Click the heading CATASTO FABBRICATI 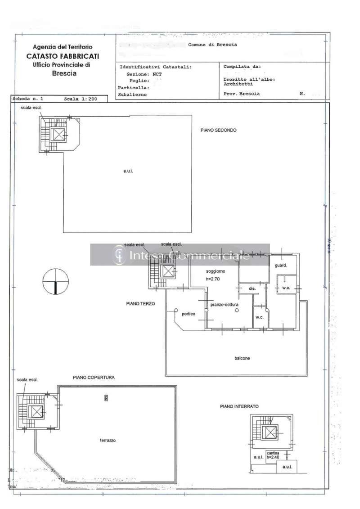[x=63, y=56]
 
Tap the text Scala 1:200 [x=80, y=98]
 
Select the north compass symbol [x=54, y=282]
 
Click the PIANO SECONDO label [x=218, y=130]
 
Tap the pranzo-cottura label [x=224, y=305]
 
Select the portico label [x=188, y=314]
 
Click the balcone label [x=242, y=358]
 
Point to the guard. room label [x=281, y=266]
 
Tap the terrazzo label [x=108, y=441]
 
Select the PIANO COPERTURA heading [x=94, y=378]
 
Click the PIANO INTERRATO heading [x=239, y=406]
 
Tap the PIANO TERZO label [x=140, y=304]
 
